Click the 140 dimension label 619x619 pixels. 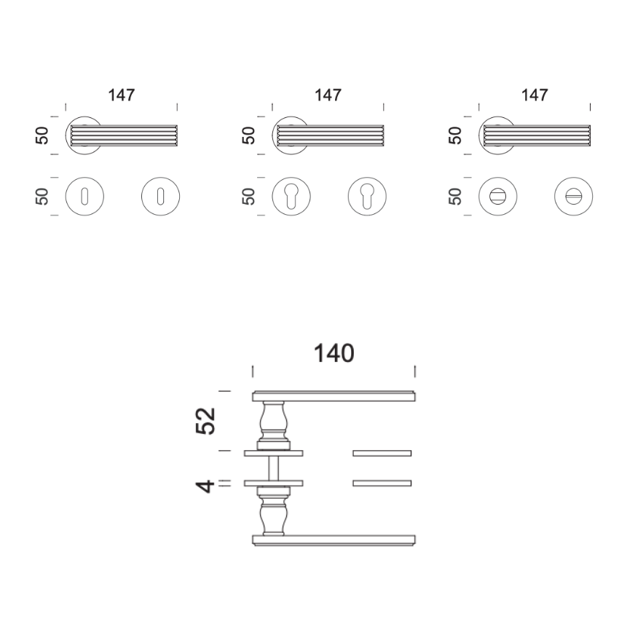coord(334,353)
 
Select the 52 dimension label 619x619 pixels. coord(205,421)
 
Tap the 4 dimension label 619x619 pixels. coord(205,486)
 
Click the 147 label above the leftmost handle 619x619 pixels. coord(122,95)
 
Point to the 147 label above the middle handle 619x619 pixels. coord(328,95)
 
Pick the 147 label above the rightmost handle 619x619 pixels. coord(535,95)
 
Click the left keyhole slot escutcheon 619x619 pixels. coord(84,196)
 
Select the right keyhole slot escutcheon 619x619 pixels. coord(160,196)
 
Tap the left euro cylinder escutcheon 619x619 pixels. coord(291,196)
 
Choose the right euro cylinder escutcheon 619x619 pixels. coord(367,196)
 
